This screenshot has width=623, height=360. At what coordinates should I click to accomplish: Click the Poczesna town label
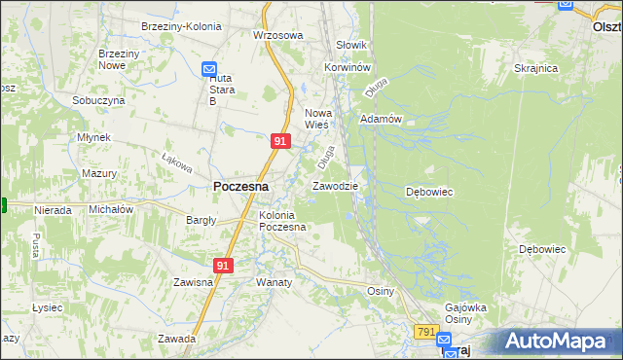[241, 186]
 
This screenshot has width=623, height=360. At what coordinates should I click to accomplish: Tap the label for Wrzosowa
[278, 35]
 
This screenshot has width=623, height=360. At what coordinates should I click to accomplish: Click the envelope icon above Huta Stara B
[209, 69]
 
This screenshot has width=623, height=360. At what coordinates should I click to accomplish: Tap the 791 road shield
[425, 332]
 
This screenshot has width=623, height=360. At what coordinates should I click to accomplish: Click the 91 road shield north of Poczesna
[279, 141]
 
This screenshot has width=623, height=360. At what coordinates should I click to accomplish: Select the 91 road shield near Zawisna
[224, 265]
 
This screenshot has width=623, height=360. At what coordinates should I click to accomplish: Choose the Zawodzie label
[335, 185]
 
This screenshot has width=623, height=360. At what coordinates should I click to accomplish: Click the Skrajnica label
[535, 69]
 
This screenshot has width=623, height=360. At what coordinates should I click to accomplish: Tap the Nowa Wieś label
[319, 118]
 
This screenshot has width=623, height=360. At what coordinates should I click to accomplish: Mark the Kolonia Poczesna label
[282, 221]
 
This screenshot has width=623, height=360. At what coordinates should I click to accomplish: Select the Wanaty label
[274, 282]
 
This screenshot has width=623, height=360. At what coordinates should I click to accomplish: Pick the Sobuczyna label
[98, 100]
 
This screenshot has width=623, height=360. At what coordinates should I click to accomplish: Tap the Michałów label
[110, 209]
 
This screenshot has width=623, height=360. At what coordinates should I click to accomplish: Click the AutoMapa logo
[563, 342]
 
